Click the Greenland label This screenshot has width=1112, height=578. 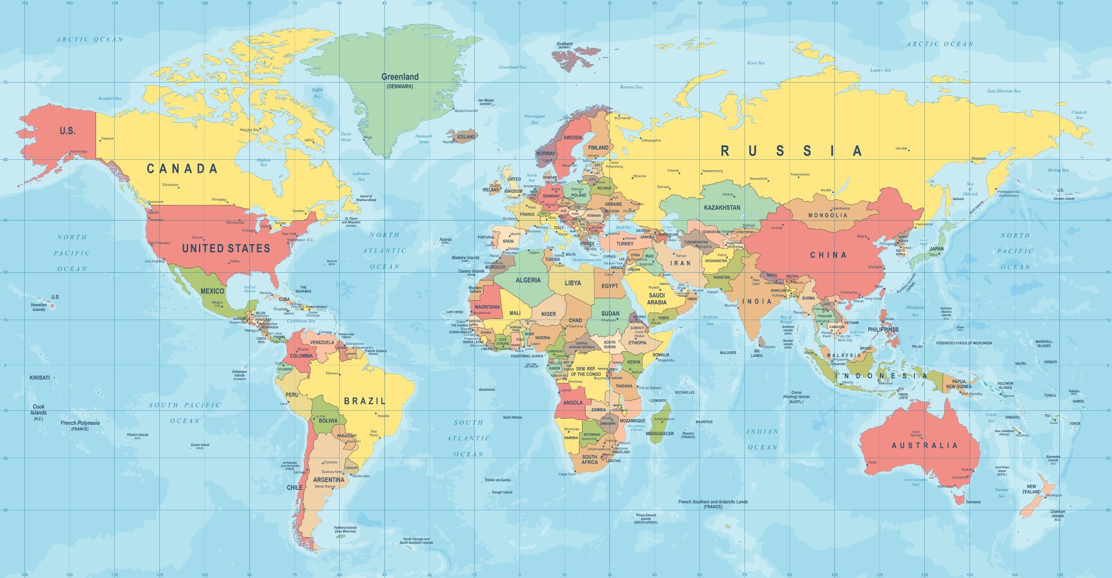tap(400, 77)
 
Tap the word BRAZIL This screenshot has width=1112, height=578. tap(364, 401)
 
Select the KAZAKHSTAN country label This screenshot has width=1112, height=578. tap(722, 208)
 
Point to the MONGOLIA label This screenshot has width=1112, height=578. tap(827, 215)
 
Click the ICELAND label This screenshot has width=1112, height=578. tap(466, 137)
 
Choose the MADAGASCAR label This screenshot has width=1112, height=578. tap(659, 433)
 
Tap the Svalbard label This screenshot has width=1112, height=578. tap(564, 44)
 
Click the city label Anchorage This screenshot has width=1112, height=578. tap(79, 152)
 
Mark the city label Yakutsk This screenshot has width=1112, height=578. tap(901, 149)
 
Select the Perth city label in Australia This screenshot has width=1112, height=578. tap(872, 462)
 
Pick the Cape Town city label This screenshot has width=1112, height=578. tap(567, 474)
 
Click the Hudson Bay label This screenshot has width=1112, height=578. tap(264, 162)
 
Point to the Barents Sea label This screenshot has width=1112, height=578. tap(631, 87)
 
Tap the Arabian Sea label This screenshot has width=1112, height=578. tap(710, 320)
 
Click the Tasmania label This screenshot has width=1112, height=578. tap(973, 502)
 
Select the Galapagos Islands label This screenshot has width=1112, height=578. tap(239, 373)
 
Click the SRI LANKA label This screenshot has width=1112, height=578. tap(756, 353)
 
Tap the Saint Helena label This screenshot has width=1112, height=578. tap(512, 417)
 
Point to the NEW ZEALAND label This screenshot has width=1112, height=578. tap(1031, 489)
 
